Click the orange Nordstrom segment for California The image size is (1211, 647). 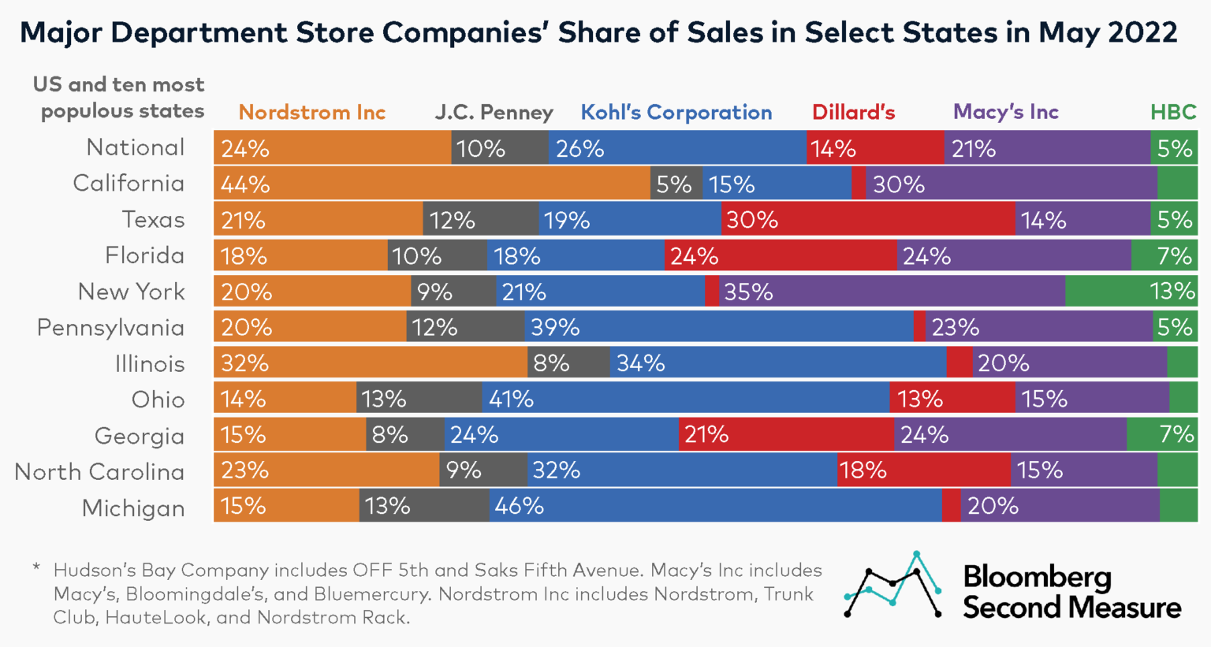tap(431, 184)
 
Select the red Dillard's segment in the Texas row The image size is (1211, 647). tap(867, 220)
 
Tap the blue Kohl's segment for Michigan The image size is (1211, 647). tap(715, 506)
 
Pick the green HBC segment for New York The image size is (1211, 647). tap(1131, 292)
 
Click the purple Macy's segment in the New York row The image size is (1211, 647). tap(892, 292)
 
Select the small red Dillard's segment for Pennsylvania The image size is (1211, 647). tap(919, 327)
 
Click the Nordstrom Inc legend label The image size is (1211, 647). tap(312, 113)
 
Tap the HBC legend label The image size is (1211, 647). tap(1173, 113)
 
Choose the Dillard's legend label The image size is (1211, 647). tap(853, 113)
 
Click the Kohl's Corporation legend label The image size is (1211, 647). tap(676, 113)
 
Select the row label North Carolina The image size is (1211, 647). tap(99, 472)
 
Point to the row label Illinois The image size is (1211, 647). tap(150, 364)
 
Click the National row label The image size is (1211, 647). tap(136, 147)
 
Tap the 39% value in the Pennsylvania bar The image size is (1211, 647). tap(555, 327)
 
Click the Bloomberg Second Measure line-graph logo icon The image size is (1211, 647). tap(892, 586)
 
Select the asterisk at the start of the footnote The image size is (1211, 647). tap(36, 567)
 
